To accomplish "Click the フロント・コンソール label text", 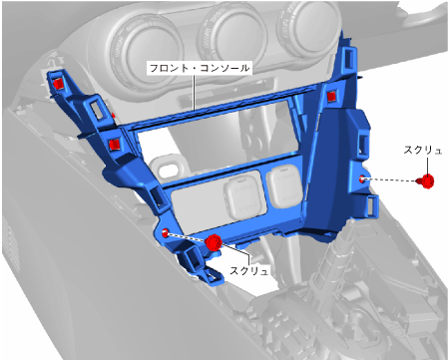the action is tap(200, 68).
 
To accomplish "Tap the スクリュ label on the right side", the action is tap(423, 151).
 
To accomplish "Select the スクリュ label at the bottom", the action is tap(248, 270).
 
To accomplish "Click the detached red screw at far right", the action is tap(425, 181).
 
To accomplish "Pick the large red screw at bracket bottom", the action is tap(214, 242).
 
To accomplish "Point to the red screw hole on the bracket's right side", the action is tap(362, 180).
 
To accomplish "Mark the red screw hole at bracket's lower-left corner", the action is tap(166, 233).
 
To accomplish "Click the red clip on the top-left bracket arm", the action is tap(58, 84).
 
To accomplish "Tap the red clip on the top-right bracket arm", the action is tap(331, 97).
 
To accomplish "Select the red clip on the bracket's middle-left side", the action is tap(115, 145).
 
